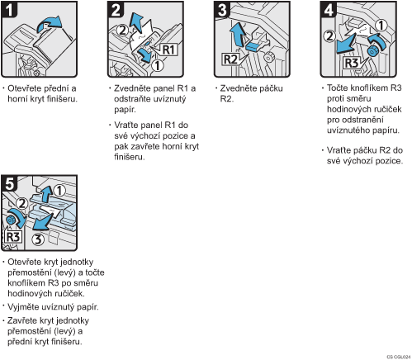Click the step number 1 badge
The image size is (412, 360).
[x=9, y=9]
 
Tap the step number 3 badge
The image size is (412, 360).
[x=222, y=9]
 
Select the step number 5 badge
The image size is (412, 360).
[x=9, y=183]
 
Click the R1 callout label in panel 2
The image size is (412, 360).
[x=168, y=50]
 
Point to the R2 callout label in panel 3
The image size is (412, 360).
[x=230, y=59]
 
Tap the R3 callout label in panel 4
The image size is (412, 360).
[x=352, y=63]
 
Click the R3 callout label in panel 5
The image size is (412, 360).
[x=13, y=237]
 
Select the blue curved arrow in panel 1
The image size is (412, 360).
[x=50, y=23]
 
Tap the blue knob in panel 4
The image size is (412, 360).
[x=373, y=50]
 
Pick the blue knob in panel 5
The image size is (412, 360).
[x=12, y=220]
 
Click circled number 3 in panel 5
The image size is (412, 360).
[x=38, y=239]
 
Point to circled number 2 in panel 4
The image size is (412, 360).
[x=329, y=36]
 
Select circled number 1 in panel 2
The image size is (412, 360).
[x=157, y=65]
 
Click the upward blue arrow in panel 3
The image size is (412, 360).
[x=238, y=34]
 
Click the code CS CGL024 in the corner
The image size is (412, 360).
[x=399, y=357]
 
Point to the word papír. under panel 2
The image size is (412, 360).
[x=125, y=110]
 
